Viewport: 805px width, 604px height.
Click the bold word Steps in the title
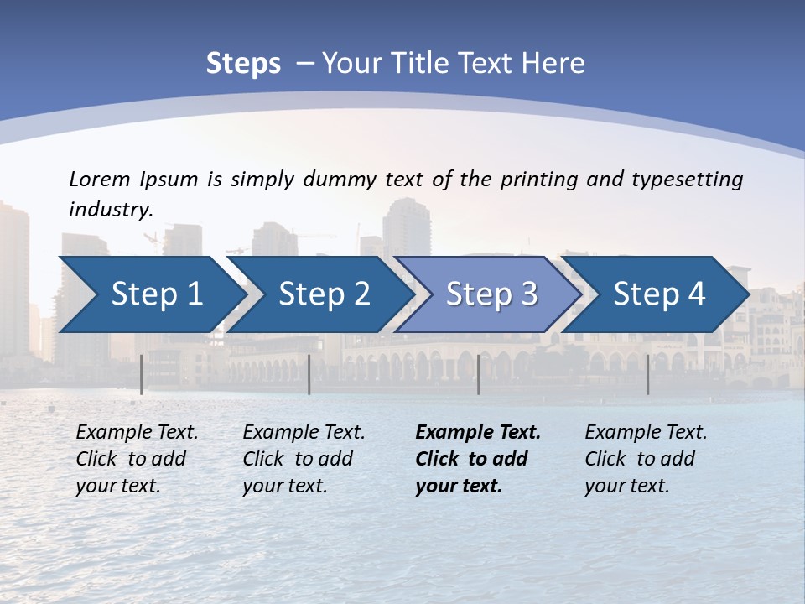(243, 64)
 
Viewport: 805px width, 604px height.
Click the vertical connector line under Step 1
(142, 374)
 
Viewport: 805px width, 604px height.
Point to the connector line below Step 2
(309, 374)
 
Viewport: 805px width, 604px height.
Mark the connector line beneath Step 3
(479, 374)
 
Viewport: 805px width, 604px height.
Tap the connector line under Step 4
(647, 374)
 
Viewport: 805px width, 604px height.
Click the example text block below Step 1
(136, 459)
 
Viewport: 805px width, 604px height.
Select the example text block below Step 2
(303, 459)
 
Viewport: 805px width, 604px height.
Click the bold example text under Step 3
(477, 459)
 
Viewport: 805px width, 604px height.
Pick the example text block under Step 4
(645, 459)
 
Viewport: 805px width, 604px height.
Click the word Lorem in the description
(100, 179)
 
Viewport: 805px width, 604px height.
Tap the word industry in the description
(110, 209)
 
